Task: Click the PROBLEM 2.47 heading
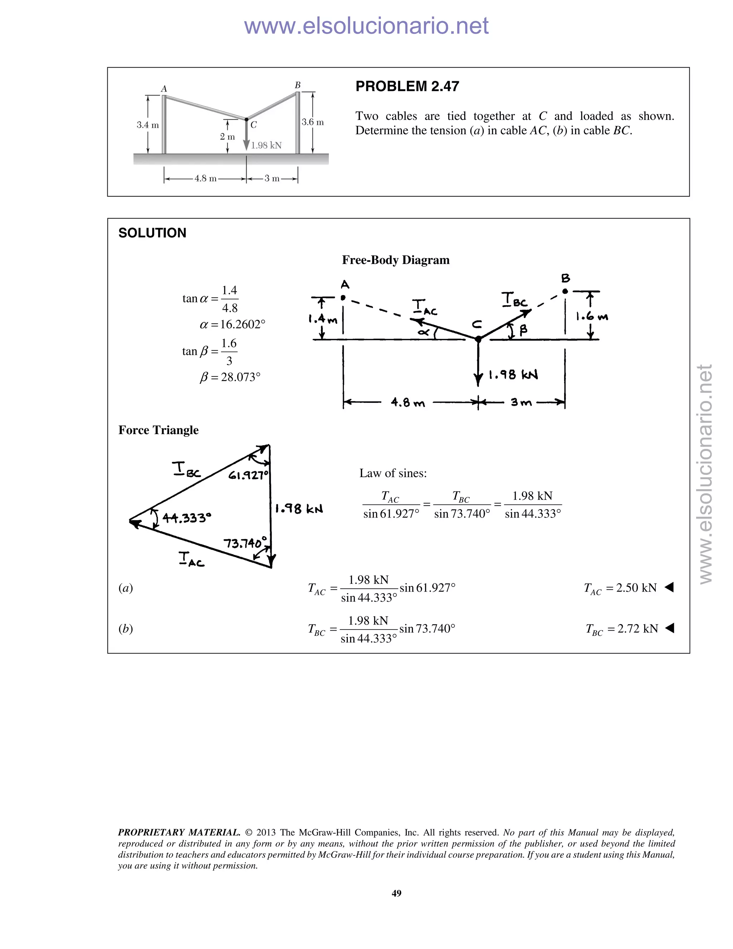tap(407, 86)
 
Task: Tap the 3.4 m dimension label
tap(148, 125)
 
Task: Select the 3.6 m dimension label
tap(313, 122)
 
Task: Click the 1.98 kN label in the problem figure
tap(266, 145)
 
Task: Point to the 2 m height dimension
tap(227, 137)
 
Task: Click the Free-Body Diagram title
tap(395, 260)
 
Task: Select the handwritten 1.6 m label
tap(592, 317)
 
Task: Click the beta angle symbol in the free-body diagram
tap(523, 330)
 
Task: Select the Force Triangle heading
tap(159, 430)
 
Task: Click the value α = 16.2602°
tap(232, 324)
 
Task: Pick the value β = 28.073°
tap(230, 377)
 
